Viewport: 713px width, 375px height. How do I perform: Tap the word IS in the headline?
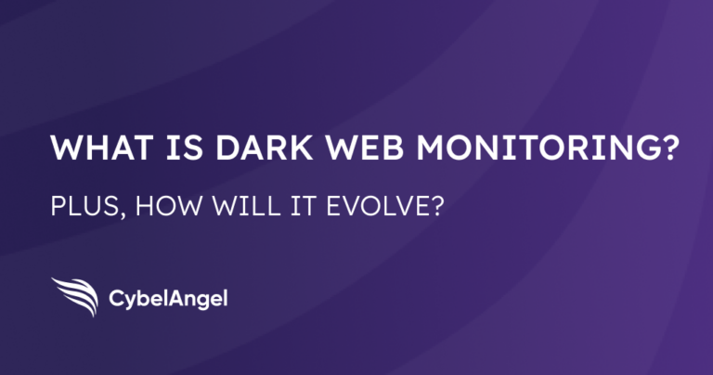pyautogui.click(x=159, y=149)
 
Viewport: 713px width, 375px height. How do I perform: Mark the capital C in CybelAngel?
pyautogui.click(x=118, y=299)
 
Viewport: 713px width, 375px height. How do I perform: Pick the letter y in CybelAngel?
pyautogui.click(x=131, y=302)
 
